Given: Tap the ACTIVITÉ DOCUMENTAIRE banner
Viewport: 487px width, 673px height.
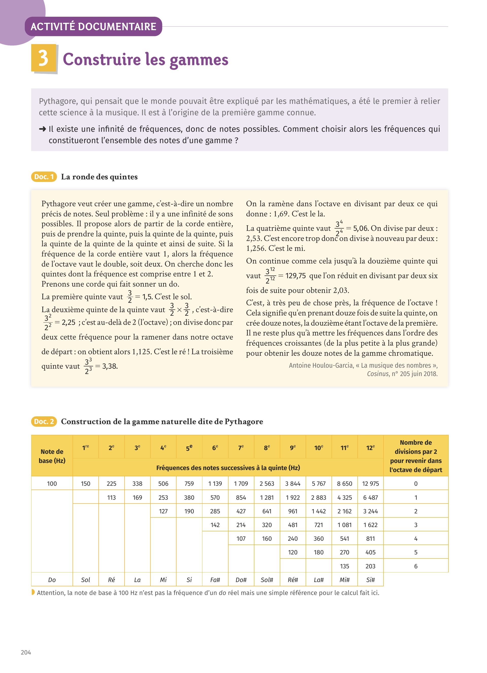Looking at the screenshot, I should (93, 27).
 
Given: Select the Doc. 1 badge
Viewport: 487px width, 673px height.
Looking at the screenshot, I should (44, 177).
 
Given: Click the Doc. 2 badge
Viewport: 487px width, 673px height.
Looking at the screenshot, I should (44, 421).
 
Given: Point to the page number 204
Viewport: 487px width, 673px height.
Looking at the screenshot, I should (26, 652).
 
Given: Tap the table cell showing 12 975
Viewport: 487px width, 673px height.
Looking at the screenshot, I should (370, 483).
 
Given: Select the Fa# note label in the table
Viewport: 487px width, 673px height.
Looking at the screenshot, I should (215, 579).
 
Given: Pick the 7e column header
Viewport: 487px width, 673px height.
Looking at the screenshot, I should (241, 447).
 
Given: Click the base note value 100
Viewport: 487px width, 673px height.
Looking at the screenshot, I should (52, 483).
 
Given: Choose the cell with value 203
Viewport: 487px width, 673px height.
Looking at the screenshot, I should (370, 566).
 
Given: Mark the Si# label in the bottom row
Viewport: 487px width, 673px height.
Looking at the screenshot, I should (370, 579).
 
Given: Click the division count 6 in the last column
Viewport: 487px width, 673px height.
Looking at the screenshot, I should (415, 566).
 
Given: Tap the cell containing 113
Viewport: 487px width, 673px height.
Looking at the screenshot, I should (111, 497).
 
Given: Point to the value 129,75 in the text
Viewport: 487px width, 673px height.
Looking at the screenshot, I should (295, 276).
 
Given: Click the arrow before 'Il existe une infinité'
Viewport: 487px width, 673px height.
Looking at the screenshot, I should (42, 129).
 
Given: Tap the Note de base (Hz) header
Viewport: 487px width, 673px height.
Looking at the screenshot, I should (52, 456).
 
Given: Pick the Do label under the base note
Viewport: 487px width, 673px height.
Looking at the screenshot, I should (52, 579).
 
